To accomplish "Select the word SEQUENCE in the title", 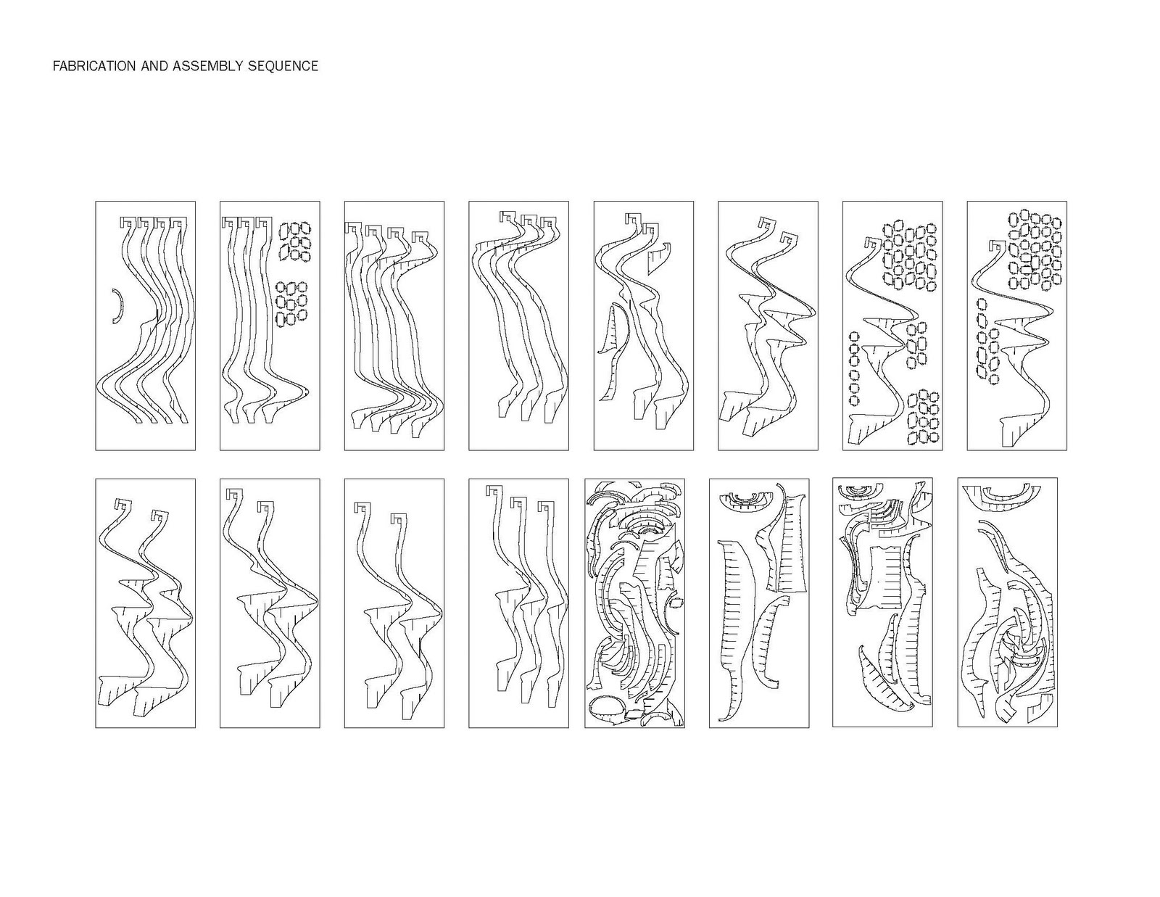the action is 283,66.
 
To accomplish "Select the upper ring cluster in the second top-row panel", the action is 295,242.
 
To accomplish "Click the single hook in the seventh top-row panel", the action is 874,243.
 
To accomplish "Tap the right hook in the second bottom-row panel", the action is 265,507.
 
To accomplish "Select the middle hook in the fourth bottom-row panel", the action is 518,503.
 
